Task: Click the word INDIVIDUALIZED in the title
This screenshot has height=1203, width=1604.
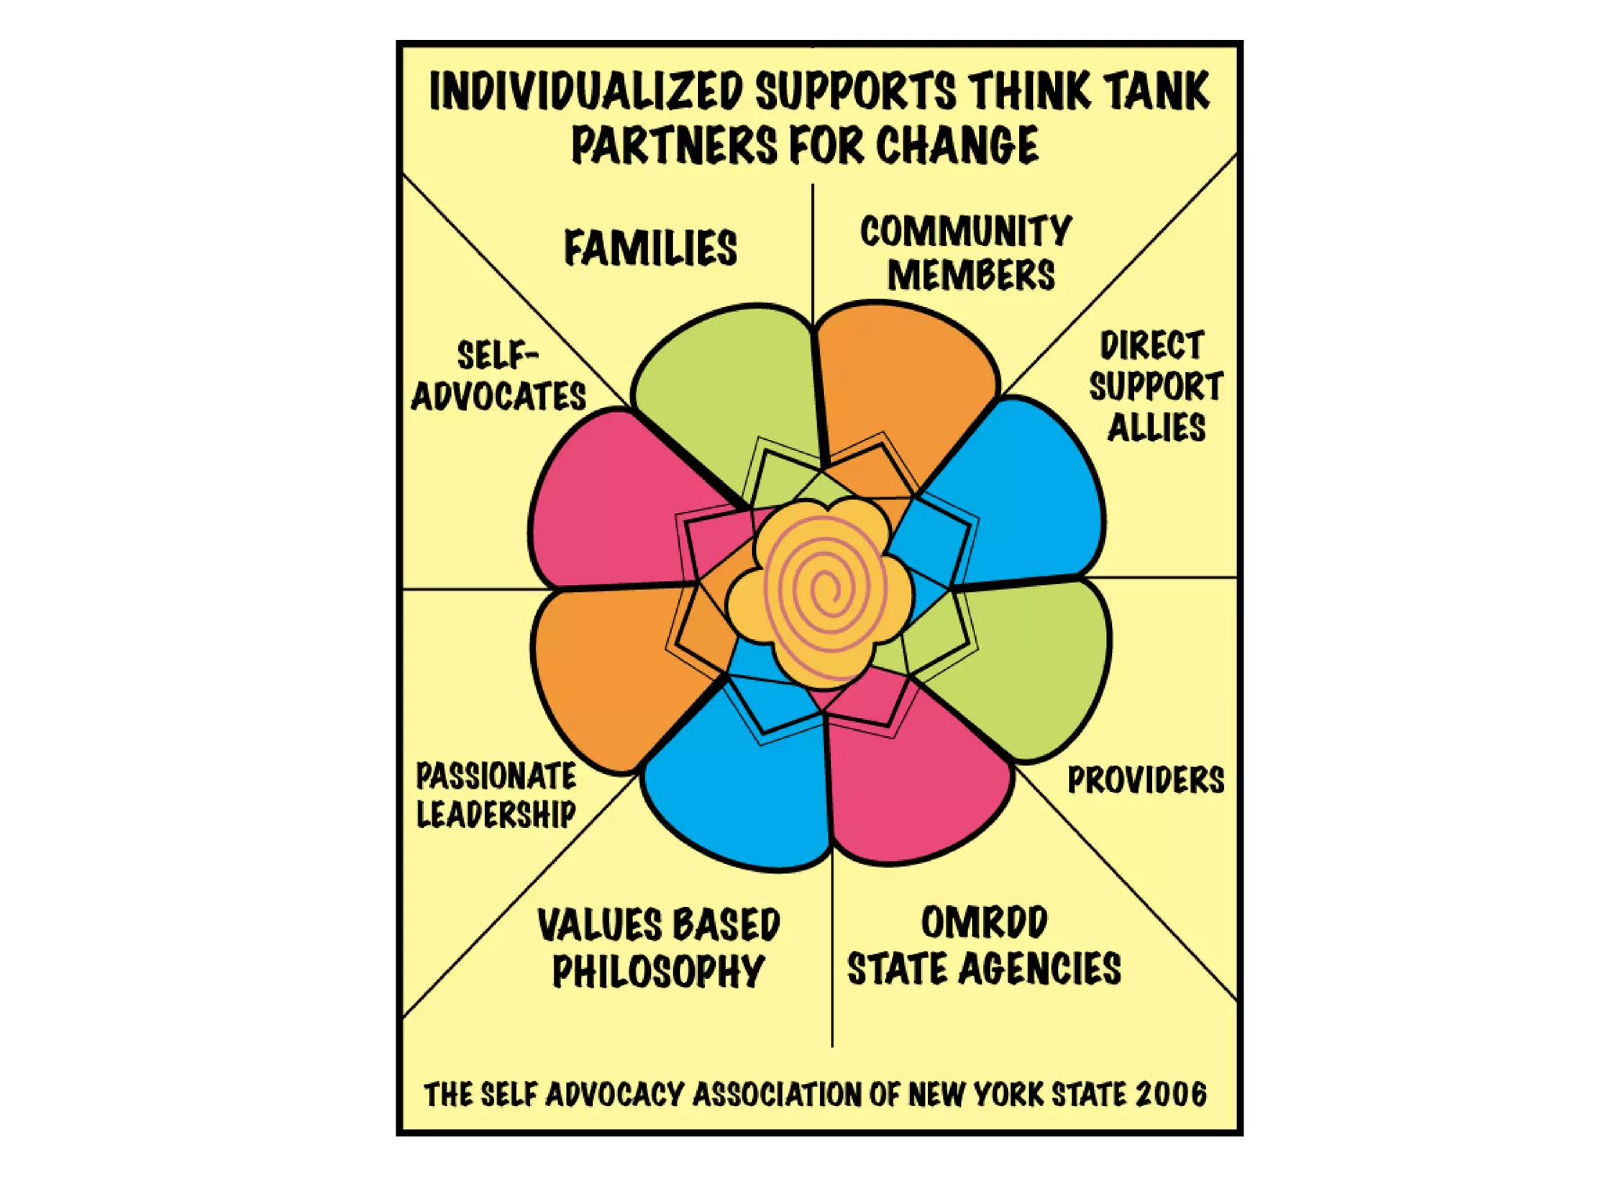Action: pos(586,92)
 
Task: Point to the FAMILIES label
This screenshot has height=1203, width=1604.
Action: pos(650,248)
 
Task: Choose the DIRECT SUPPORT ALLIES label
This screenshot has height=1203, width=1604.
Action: pos(1155,387)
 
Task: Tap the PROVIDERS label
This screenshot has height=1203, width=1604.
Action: pos(1146,780)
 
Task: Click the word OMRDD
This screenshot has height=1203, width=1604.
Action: pos(984,923)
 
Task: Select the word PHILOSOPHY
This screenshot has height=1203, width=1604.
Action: pos(658,972)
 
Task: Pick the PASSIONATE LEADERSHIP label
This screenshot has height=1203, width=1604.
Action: pos(496,795)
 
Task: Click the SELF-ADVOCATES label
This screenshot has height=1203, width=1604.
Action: pos(499,377)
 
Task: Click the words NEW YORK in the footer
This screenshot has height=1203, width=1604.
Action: pos(976,1094)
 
